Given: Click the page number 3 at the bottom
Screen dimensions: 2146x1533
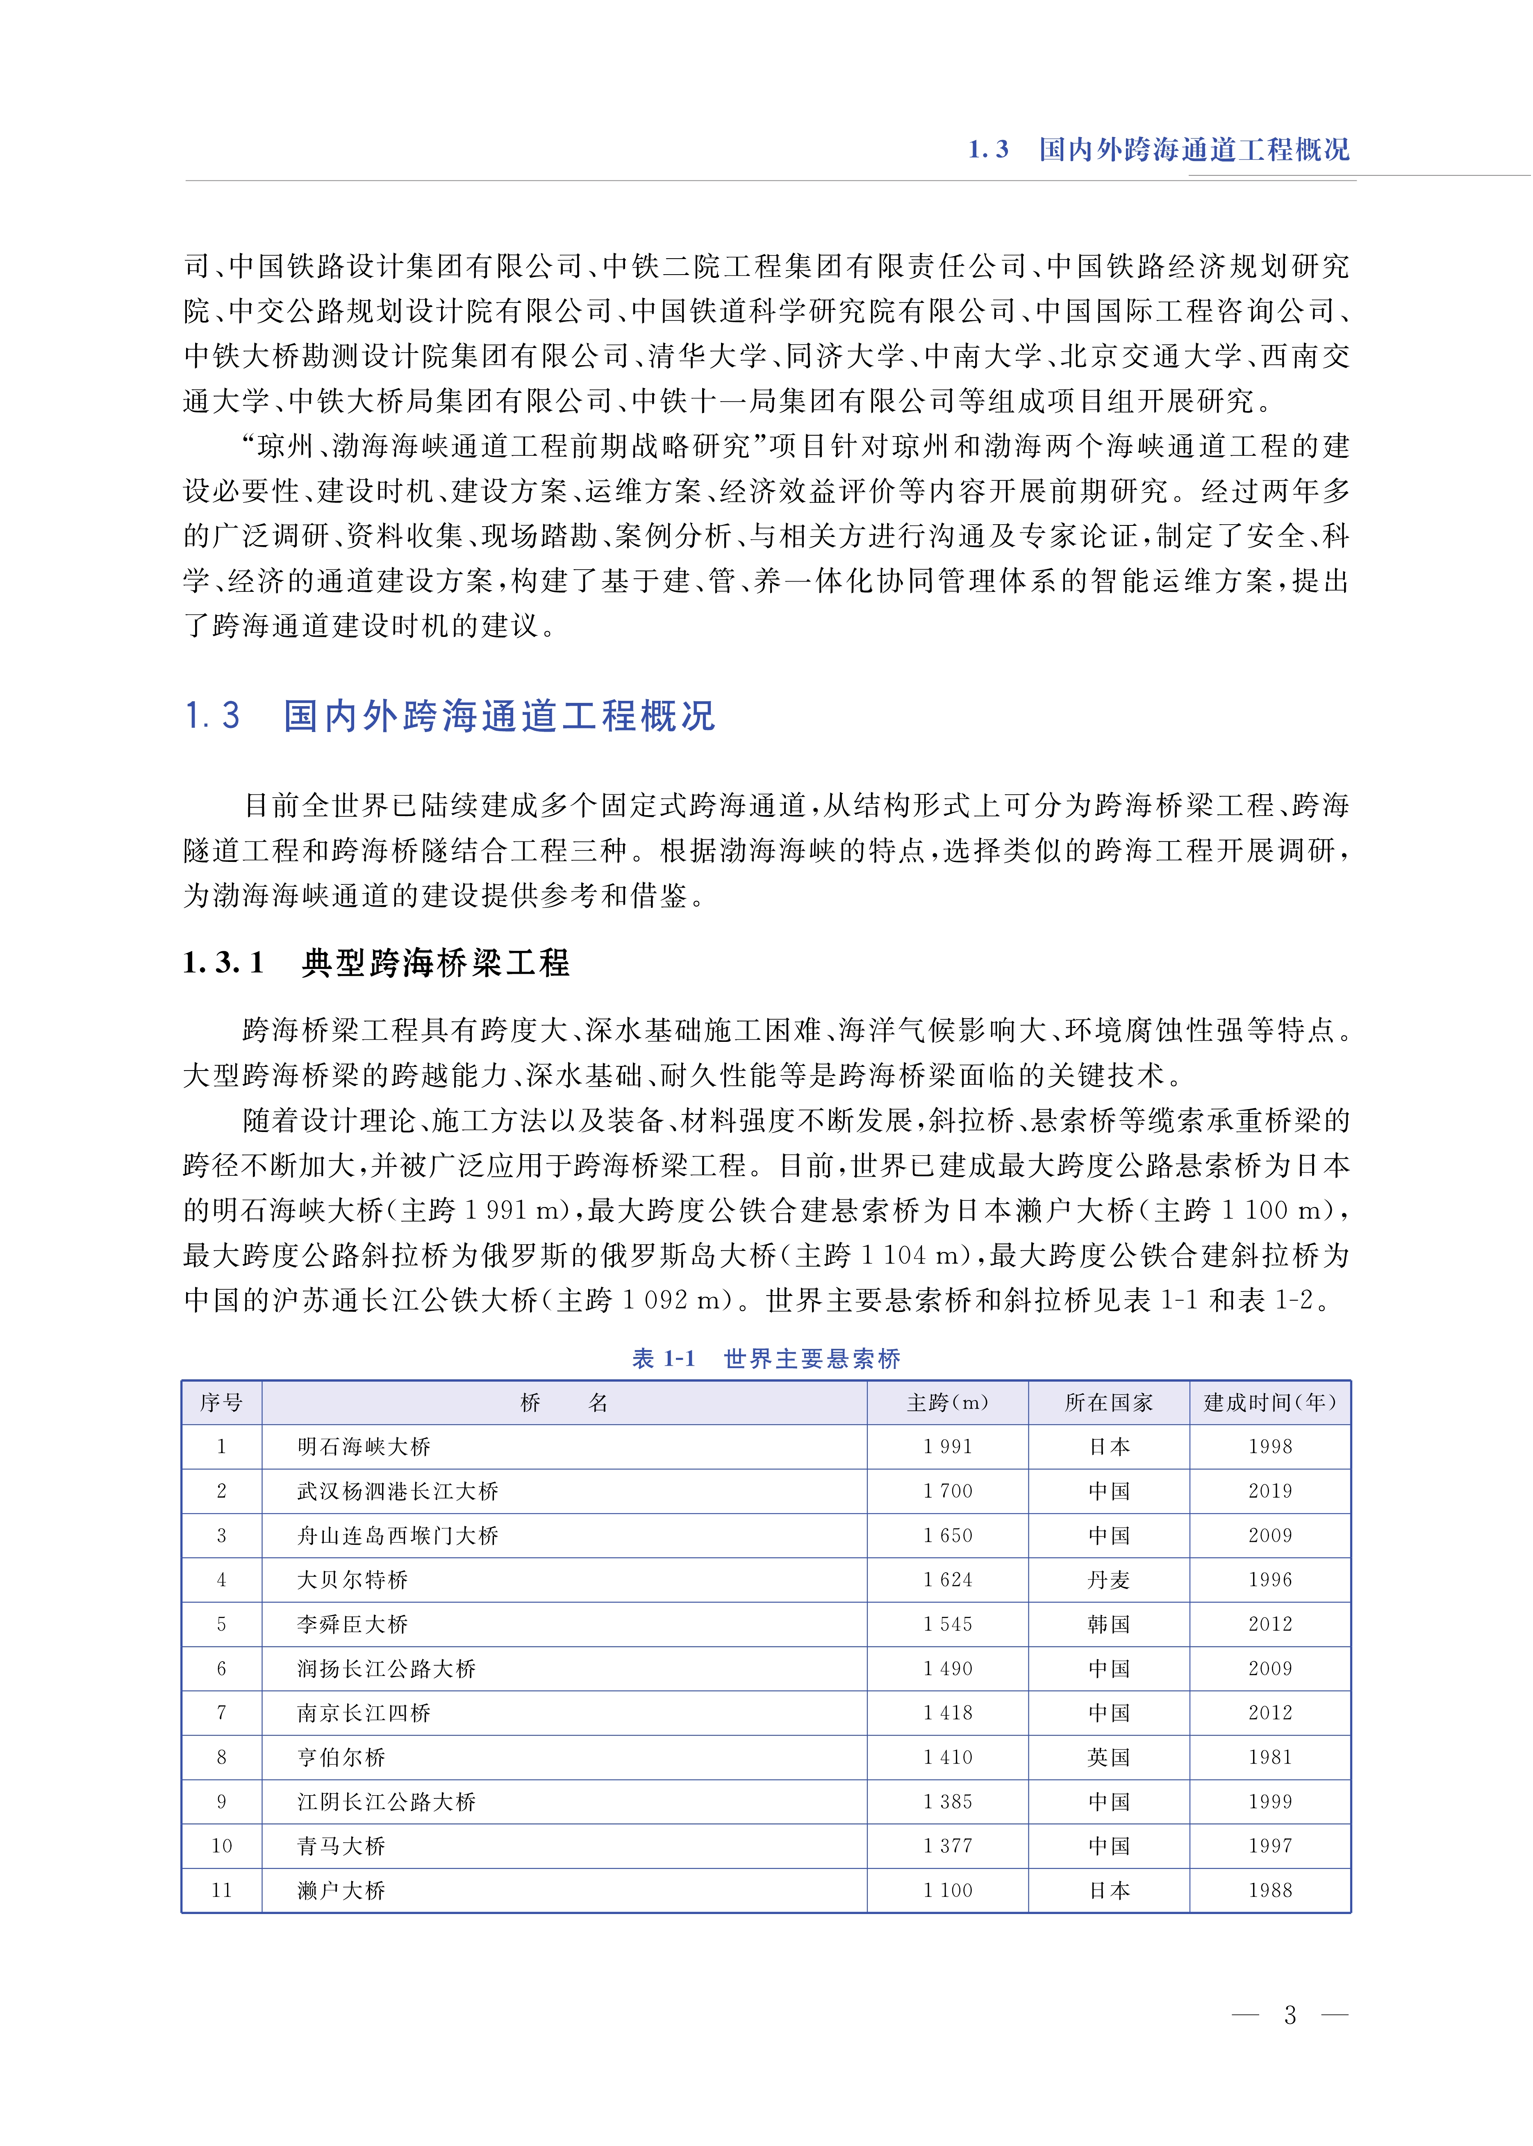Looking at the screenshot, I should pyautogui.click(x=1290, y=2015).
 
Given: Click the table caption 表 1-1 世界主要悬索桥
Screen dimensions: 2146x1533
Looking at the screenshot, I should pyautogui.click(x=766, y=1358).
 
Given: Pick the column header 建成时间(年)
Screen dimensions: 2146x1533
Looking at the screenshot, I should pyautogui.click(x=1269, y=1403).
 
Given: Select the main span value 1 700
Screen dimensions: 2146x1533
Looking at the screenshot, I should pyautogui.click(x=948, y=1491).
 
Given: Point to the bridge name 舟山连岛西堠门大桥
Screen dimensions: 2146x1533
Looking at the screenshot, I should pyautogui.click(x=398, y=1535).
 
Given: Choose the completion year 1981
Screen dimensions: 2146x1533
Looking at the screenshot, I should pyautogui.click(x=1269, y=1757).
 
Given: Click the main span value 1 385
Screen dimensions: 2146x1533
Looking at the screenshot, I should pyautogui.click(x=948, y=1802).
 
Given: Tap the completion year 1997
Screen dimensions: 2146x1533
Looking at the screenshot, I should pyautogui.click(x=1269, y=1846).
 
